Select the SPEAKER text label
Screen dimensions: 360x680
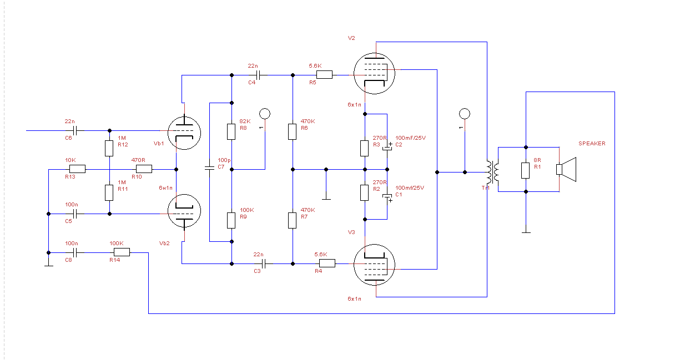pyautogui.click(x=592, y=144)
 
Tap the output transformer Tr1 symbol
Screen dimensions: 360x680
pyautogui.click(x=492, y=173)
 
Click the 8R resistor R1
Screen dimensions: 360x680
pyautogui.click(x=525, y=170)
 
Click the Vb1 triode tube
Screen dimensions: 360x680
pyautogui.click(x=184, y=133)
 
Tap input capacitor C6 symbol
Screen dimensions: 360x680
pyautogui.click(x=76, y=131)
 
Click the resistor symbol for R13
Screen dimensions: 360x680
pyautogui.click(x=77, y=169)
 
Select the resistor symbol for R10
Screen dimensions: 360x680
pyautogui.click(x=143, y=169)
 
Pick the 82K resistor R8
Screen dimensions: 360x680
pyautogui.click(x=231, y=131)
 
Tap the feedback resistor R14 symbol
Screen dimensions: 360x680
pyautogui.click(x=122, y=252)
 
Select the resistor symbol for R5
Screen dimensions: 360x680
pyautogui.click(x=324, y=74)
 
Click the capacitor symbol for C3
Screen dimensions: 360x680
pyautogui.click(x=264, y=264)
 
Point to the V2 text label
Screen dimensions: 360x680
pyautogui.click(x=351, y=38)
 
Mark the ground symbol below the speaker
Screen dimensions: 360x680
pyautogui.click(x=525, y=232)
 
